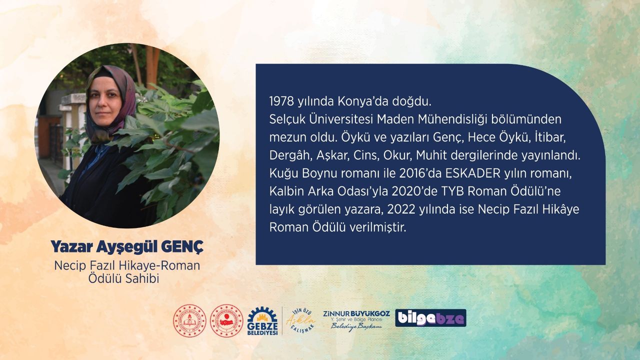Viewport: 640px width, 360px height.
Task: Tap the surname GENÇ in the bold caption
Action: (x=186, y=246)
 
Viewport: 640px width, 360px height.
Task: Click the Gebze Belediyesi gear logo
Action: (x=262, y=321)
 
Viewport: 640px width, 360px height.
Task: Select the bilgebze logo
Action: (x=430, y=318)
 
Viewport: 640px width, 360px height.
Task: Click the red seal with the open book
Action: (x=190, y=320)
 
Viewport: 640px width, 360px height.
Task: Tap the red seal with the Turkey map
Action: (x=226, y=320)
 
